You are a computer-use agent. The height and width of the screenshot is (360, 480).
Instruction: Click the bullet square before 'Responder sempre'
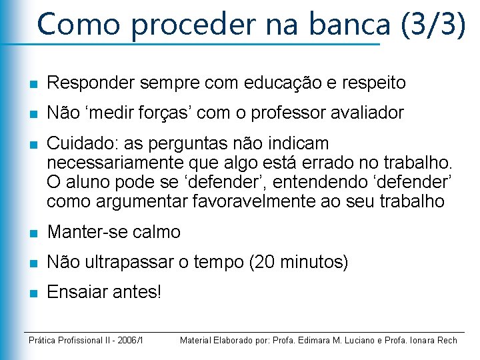33,83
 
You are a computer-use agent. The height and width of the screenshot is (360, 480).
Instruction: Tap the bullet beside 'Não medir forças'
33,114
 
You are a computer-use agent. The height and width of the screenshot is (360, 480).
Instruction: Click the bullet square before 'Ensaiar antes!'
33,293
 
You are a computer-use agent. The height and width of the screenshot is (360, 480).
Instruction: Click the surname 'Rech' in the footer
447,341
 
